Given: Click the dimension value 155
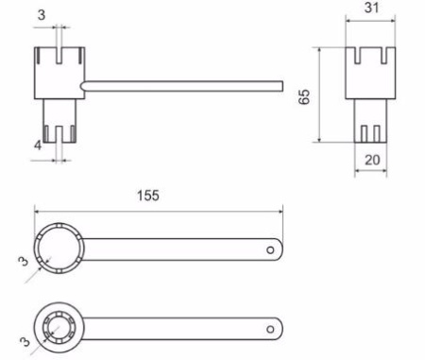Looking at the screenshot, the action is pos(148,196).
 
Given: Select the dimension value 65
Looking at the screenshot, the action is pos(304,96).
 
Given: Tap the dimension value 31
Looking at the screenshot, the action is pos(371,8).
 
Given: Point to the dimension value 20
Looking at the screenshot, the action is pos(372,160).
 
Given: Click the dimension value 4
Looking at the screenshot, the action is pos(38,146).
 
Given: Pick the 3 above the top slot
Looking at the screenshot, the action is pos(42,15).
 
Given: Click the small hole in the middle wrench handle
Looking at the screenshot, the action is pos(270,250).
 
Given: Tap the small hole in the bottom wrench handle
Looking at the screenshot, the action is pos(270,329).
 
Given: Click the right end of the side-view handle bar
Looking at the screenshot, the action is pos(282,86).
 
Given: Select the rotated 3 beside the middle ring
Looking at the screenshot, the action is pos(23,261).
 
